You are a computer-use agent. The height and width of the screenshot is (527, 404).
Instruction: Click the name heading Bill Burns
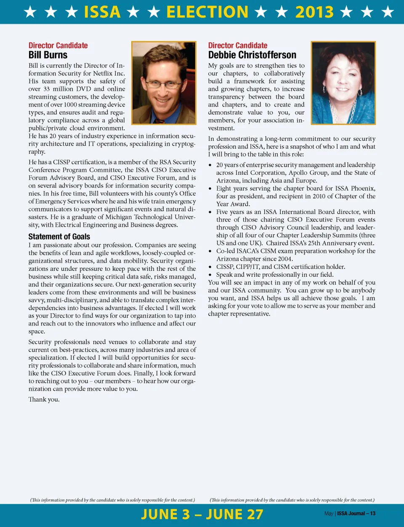point(48,55)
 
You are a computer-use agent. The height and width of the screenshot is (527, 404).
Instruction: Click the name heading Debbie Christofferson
point(252,55)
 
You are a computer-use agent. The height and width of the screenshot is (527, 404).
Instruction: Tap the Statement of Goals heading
point(59,237)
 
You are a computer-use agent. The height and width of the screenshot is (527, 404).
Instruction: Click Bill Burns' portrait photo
point(164,83)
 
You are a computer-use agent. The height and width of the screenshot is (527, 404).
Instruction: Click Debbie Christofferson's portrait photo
point(343,83)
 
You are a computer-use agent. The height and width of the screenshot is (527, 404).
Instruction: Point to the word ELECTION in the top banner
point(207,12)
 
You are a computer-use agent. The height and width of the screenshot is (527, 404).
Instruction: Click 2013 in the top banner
point(314,12)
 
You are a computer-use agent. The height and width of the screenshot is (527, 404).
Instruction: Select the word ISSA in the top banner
point(102,12)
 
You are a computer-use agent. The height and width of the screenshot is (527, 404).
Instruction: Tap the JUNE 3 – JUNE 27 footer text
point(202,514)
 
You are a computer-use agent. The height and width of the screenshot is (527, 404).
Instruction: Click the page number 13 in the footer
point(373,514)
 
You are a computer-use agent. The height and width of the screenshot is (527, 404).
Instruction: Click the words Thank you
point(44,399)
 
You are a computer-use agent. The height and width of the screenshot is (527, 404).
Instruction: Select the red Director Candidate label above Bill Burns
point(58,45)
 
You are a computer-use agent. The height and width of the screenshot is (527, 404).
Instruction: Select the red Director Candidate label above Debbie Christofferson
point(238,45)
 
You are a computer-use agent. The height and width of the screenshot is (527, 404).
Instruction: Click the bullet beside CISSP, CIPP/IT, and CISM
point(210,267)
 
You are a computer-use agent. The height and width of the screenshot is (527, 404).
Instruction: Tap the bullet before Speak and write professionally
point(210,275)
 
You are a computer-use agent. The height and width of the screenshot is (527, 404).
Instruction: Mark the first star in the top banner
point(30,12)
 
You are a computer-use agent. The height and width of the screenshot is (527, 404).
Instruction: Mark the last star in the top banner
point(388,12)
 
